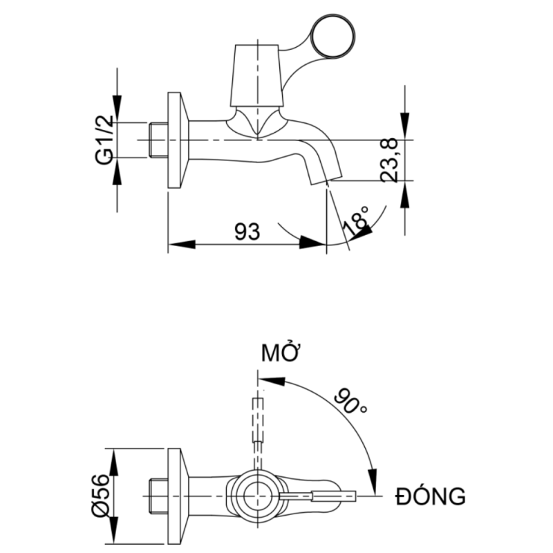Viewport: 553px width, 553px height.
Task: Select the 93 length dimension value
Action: point(247,232)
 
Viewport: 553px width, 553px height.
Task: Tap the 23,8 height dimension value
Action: point(389,160)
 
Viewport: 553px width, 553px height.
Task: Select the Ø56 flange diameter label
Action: point(101,494)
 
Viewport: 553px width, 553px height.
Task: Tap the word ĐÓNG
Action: point(430,496)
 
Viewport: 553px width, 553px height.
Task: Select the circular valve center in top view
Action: point(259,495)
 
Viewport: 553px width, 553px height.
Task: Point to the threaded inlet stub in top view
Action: point(158,495)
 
